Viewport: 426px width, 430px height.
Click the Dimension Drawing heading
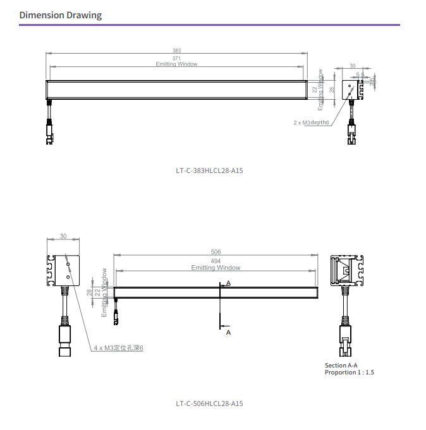coord(60,15)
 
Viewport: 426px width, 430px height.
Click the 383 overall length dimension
coord(176,51)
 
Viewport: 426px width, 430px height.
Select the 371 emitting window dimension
coord(176,58)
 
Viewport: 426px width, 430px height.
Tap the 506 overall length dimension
coord(216,252)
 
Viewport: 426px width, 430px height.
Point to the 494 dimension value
coord(216,260)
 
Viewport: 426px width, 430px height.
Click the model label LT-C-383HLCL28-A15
coord(209,170)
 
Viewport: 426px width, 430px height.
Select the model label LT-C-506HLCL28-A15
coord(209,403)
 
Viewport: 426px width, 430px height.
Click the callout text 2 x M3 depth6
coord(312,122)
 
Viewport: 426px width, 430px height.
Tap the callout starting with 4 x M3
coord(119,348)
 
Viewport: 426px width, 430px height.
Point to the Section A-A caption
coord(341,365)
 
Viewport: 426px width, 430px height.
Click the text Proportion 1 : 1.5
coord(350,373)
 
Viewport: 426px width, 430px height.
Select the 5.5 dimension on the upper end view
coord(360,75)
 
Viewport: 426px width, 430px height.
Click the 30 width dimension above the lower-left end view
coord(63,236)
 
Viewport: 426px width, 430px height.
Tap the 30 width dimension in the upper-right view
coord(352,66)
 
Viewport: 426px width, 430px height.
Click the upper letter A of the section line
coord(228,284)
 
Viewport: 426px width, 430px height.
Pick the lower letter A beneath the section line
coord(228,331)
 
